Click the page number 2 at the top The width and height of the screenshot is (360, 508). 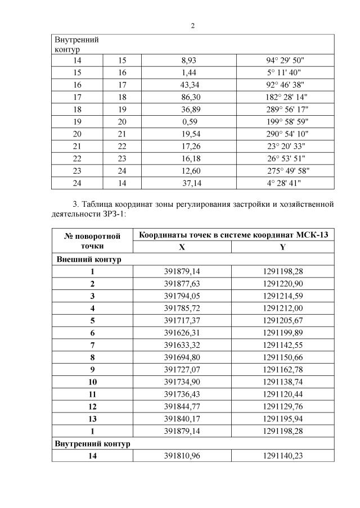coord(192,26)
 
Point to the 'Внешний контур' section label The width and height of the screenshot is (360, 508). coord(88,259)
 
